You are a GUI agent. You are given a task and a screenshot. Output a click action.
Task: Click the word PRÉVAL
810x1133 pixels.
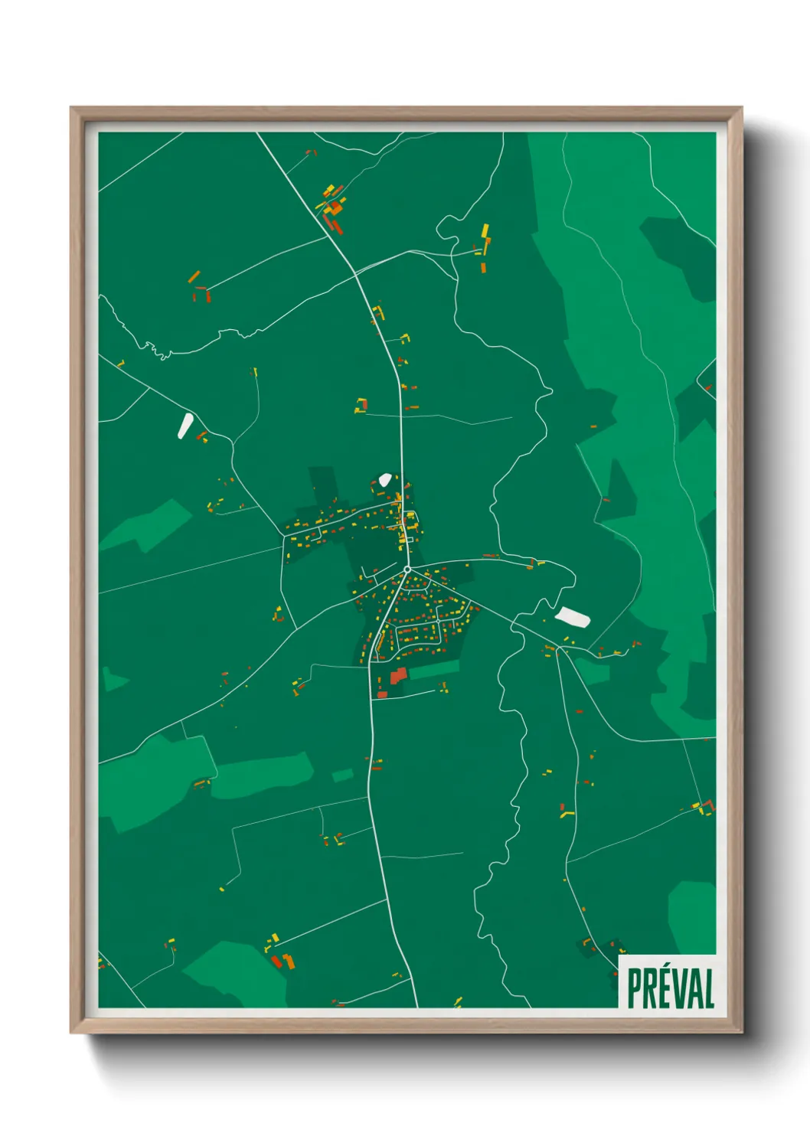(x=670, y=988)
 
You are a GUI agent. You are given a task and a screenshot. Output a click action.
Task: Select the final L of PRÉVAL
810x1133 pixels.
(x=708, y=988)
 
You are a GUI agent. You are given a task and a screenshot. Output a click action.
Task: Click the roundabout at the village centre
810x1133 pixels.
(x=407, y=569)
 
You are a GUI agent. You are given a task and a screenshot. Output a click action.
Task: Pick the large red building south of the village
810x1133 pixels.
(x=397, y=675)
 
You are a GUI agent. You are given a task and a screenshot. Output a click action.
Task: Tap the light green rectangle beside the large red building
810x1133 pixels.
(x=434, y=670)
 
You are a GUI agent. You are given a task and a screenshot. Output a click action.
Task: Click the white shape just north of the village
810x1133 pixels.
(x=384, y=480)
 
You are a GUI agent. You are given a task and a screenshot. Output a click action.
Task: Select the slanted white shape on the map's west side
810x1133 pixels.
(x=185, y=426)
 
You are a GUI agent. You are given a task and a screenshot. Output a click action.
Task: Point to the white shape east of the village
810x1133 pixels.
(x=573, y=617)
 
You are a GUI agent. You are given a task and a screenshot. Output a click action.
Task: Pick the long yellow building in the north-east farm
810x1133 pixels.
(x=485, y=231)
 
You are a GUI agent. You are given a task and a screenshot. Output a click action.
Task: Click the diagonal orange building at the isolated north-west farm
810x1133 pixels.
(x=194, y=276)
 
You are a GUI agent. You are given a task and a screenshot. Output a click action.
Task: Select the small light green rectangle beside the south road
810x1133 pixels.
(x=342, y=775)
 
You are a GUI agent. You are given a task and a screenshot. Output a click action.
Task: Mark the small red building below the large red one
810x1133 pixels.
(x=382, y=694)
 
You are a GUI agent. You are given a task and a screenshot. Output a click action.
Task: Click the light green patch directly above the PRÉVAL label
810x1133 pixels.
(x=693, y=915)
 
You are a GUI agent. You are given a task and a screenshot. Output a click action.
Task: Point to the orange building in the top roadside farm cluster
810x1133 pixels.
(x=335, y=207)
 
